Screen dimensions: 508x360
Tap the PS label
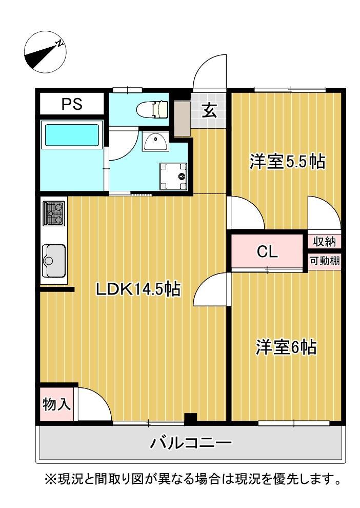pos(72,104)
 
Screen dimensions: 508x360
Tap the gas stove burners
pos(53,213)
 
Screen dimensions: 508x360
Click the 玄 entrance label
pos(208,111)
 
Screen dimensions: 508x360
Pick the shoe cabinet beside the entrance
pos(182,118)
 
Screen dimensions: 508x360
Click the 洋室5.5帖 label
pos(287,162)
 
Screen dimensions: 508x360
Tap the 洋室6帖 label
pos(286,347)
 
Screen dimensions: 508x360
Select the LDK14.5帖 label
pos(138,289)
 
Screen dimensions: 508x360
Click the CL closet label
pos(267,251)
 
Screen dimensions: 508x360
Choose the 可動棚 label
pos(324,261)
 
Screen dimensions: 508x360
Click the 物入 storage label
pos(56,404)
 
